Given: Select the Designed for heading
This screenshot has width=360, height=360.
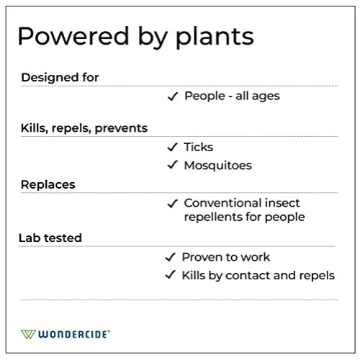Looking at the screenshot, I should pos(60,77).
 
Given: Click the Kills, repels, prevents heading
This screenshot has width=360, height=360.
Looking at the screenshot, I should pos(84,128).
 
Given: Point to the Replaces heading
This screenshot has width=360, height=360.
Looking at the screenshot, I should pos(48,184).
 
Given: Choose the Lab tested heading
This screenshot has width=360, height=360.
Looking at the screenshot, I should pos(51,238).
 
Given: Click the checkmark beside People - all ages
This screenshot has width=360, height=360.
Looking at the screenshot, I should pos(172,96).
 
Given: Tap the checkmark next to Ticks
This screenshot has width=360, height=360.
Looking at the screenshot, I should pos(172,147).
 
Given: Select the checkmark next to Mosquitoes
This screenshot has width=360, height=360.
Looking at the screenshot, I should pos(172,166).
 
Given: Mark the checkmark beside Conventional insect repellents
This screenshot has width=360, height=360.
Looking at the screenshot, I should pos(172,203).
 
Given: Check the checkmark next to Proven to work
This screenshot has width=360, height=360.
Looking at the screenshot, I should pos(171,257).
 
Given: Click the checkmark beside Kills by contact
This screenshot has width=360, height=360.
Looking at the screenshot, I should pos(171,275).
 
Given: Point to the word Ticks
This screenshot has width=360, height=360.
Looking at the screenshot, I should pos(199,147).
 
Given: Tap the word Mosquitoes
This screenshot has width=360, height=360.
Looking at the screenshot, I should pos(218,166).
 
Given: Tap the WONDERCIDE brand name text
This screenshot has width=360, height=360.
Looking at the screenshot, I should pos(74,335).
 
